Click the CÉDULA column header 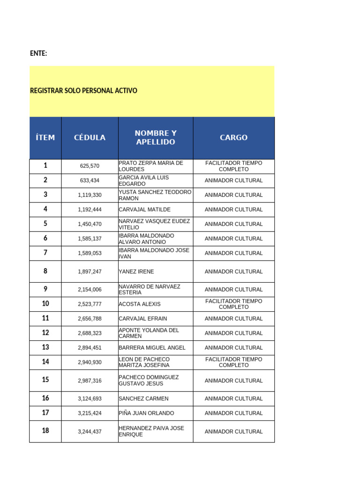(90, 138)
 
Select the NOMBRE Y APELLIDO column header (156, 138)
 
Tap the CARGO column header (233, 138)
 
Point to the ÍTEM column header (45, 138)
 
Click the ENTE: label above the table (38, 53)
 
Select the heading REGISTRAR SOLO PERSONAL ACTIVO (83, 90)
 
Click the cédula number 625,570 (90, 166)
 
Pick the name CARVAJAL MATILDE (144, 210)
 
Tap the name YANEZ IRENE (136, 271)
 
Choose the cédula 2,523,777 (90, 304)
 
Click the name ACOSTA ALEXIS (140, 304)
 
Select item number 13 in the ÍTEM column (45, 347)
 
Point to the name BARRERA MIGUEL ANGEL (152, 348)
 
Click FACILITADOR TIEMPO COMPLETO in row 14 (233, 362)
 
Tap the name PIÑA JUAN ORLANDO (146, 413)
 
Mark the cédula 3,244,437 (90, 432)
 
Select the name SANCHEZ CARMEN (143, 399)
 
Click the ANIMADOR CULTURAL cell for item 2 (233, 180)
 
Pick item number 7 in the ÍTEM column (45, 253)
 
